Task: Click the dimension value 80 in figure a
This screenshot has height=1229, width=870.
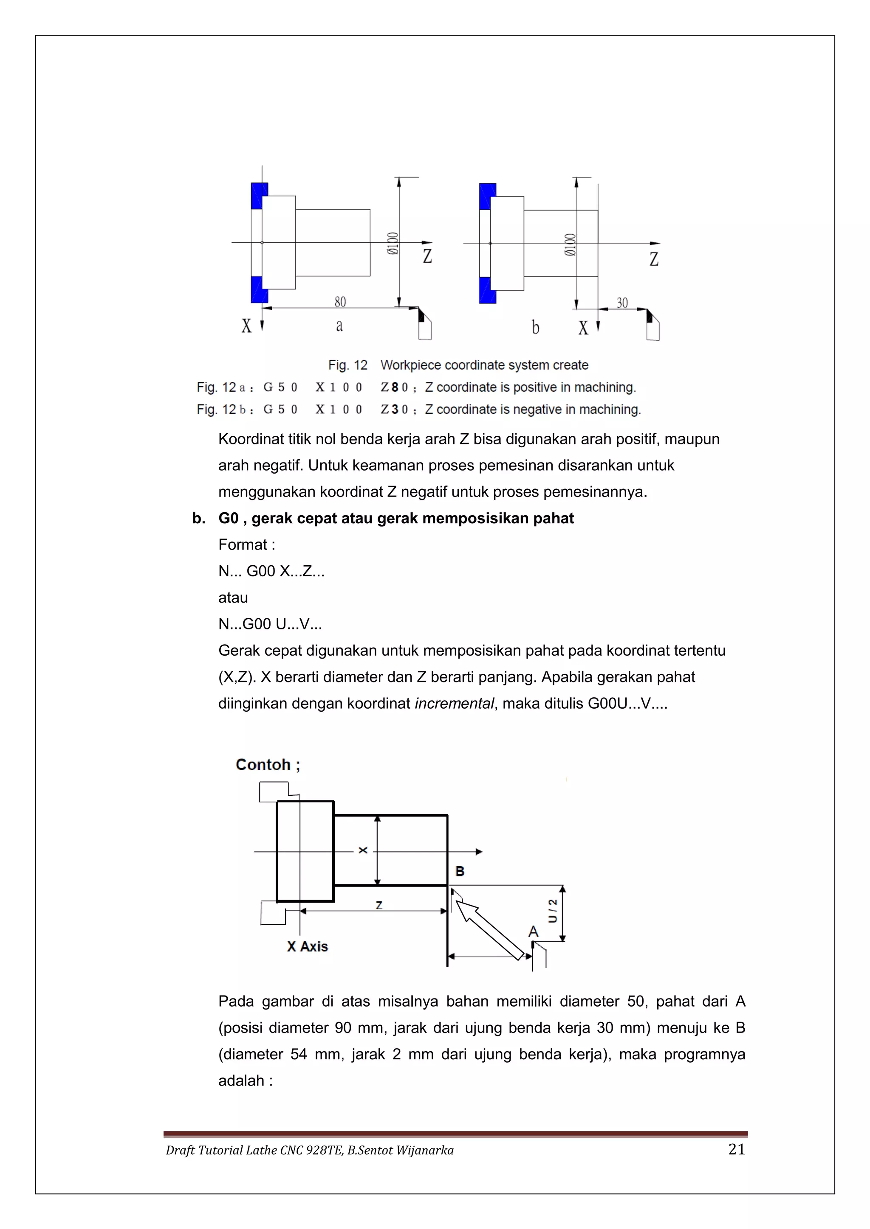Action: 340,302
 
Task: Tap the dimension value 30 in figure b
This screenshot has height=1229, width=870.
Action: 622,303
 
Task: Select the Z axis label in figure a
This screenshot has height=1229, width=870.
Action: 427,256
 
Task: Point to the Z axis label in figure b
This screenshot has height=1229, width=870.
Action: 654,259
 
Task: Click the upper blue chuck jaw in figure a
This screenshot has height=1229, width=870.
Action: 259,196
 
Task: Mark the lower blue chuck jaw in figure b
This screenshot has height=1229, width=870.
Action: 488,290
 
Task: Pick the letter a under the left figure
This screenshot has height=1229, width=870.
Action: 339,325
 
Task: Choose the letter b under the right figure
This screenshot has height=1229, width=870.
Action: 535,328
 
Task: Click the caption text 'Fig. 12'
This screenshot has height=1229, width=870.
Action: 347,365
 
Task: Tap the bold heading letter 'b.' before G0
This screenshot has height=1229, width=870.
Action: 199,518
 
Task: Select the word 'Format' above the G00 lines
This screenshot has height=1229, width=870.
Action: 243,545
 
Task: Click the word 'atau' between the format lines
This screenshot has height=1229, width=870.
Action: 233,598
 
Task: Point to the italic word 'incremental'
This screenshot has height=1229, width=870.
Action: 454,703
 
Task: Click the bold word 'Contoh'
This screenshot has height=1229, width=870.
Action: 263,764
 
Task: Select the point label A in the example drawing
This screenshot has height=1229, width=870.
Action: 533,932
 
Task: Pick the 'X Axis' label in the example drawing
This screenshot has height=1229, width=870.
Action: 307,947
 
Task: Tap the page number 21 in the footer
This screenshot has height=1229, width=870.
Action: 737,1150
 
